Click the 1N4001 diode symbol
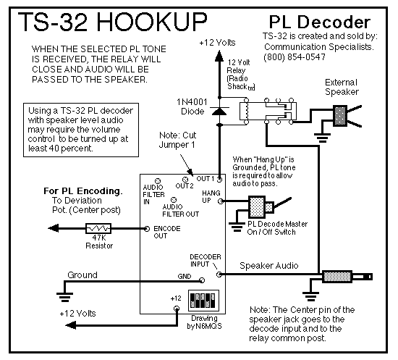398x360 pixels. (x=219, y=111)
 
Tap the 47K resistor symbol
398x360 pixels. (x=98, y=228)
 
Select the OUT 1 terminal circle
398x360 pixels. (x=219, y=180)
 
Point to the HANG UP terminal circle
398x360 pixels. (x=221, y=201)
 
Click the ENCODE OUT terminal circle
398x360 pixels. (x=147, y=229)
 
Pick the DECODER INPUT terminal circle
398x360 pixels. (x=219, y=275)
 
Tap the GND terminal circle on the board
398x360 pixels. (x=202, y=280)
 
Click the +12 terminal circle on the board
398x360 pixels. (x=177, y=309)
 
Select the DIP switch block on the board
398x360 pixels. (x=203, y=301)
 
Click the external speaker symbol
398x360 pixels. (x=347, y=116)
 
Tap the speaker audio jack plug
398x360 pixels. (x=347, y=277)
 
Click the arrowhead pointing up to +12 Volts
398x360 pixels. (x=219, y=56)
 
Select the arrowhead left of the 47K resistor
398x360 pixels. (x=54, y=228)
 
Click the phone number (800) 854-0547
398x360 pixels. (x=295, y=57)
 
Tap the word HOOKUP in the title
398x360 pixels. (x=152, y=22)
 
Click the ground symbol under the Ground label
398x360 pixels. (x=64, y=297)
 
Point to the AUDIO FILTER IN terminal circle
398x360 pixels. (x=158, y=181)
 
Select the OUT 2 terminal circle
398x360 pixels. (x=185, y=180)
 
